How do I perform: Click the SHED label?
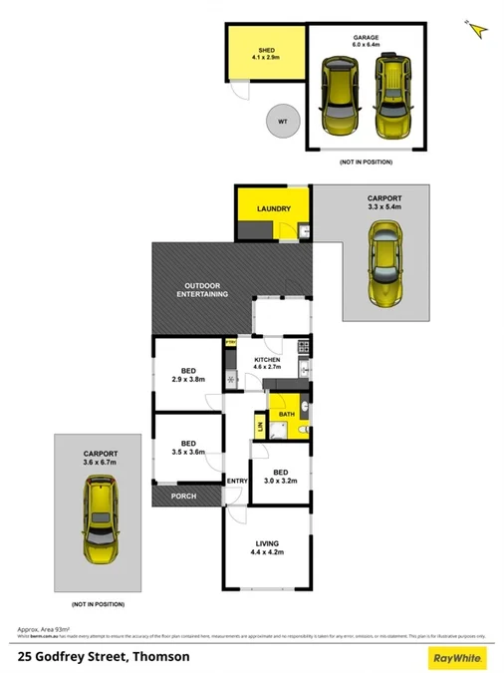(x=267, y=53)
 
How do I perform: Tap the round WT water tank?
(x=282, y=122)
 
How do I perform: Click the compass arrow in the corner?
(x=478, y=29)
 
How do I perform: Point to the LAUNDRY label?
(x=272, y=208)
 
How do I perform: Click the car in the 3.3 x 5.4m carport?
(x=384, y=263)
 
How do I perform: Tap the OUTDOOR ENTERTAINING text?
(x=202, y=290)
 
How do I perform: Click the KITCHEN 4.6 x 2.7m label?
(x=268, y=364)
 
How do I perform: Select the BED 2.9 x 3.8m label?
(x=186, y=374)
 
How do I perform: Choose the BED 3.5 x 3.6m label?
(x=186, y=448)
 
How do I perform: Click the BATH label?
(x=287, y=413)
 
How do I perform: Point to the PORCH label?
(x=183, y=496)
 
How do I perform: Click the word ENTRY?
(x=237, y=482)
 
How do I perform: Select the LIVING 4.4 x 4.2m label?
(x=267, y=548)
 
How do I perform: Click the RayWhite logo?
(x=455, y=657)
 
